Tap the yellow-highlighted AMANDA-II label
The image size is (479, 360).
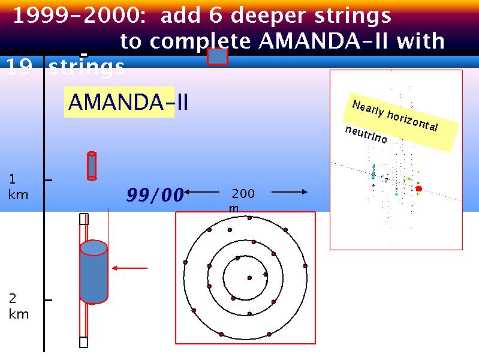click(x=128, y=102)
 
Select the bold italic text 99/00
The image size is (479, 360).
click(x=155, y=194)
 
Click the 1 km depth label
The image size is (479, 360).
click(x=18, y=187)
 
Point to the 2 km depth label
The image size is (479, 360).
click(x=19, y=306)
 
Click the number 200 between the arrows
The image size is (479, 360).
click(x=243, y=193)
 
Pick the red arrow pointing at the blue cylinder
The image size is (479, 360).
click(x=130, y=268)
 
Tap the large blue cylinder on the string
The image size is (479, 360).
click(x=94, y=272)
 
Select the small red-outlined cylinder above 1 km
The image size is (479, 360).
click(x=92, y=166)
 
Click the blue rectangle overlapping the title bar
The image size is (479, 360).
click(x=218, y=56)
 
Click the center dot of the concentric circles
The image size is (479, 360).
click(x=249, y=278)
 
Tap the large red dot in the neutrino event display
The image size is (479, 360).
click(x=418, y=189)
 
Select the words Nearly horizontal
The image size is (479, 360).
click(x=395, y=115)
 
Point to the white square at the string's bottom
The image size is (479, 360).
click(x=84, y=342)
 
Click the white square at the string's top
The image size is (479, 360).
click(x=84, y=219)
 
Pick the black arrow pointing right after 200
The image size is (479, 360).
click(x=290, y=192)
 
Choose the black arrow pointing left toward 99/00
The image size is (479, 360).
click(x=202, y=192)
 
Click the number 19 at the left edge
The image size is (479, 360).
click(x=19, y=67)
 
